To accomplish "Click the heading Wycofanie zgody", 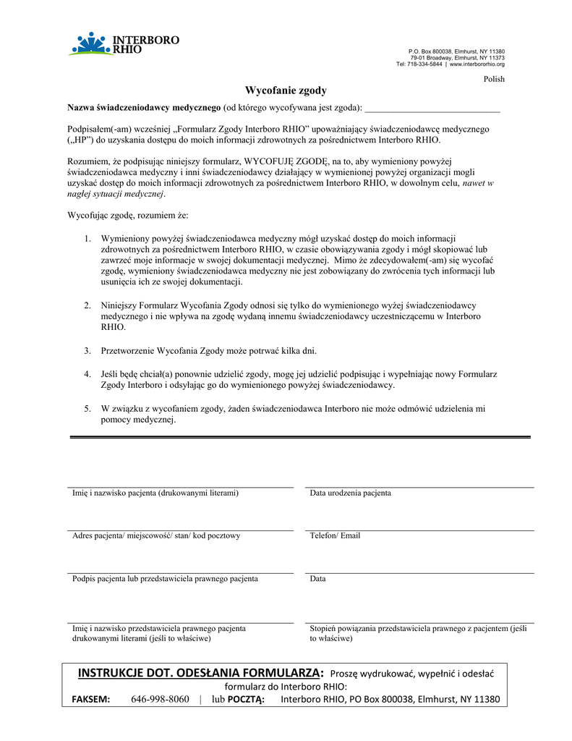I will coord(286,90).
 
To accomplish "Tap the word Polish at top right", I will coord(494,79).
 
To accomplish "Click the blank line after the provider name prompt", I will coord(432,109).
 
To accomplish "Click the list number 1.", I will coord(87,238).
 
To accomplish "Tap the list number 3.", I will coord(87,351).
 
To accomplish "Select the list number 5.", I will coord(87,409).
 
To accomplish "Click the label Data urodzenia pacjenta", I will coord(351,493).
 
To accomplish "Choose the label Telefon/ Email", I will coord(335,535).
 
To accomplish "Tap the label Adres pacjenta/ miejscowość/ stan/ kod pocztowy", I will coord(156,535).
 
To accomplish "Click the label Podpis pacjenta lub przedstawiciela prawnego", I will coord(165,579).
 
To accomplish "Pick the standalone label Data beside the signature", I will coord(317,579).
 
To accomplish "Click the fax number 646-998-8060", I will coord(160,700).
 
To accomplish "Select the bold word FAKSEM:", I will coord(90,700).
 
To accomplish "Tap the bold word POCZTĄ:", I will coord(247,700).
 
